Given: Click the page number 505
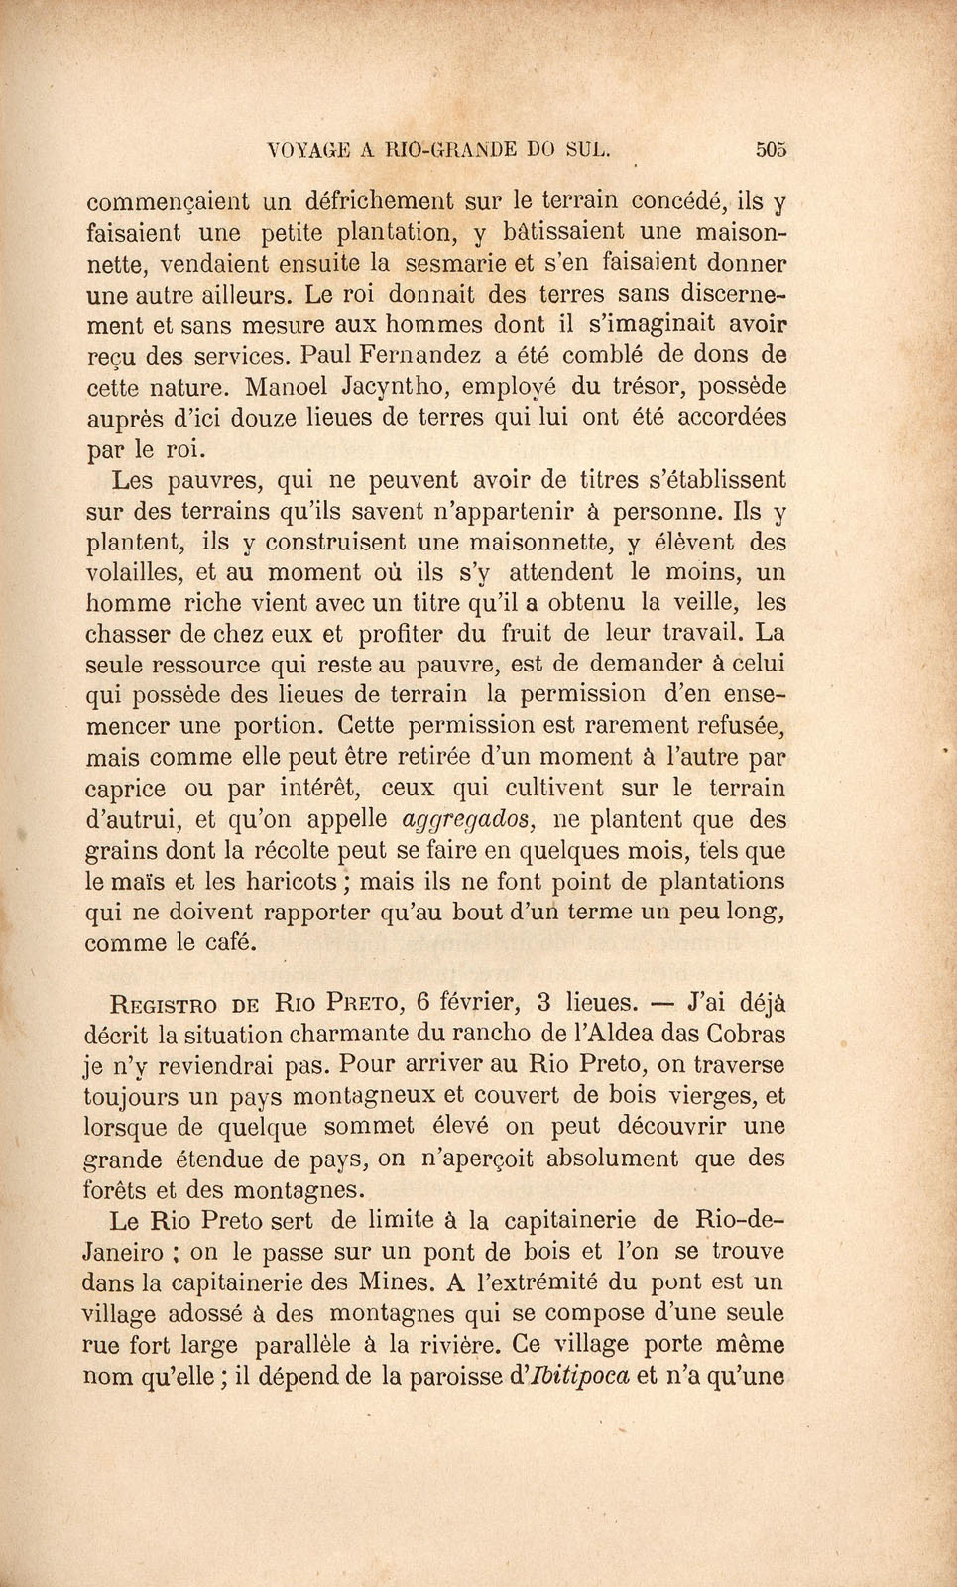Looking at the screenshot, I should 770,150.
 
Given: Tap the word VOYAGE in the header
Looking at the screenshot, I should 309,151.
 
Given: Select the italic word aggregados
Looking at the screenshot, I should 471,821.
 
